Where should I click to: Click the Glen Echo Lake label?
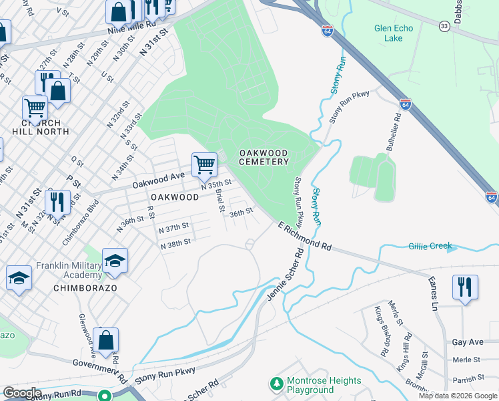click(x=394, y=33)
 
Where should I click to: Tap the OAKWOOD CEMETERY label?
click(x=264, y=157)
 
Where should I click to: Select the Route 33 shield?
click(x=444, y=26)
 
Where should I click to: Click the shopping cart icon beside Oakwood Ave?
click(x=203, y=164)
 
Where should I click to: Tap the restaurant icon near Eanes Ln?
click(x=465, y=287)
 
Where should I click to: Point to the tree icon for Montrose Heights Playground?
click(x=276, y=385)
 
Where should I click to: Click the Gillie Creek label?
click(x=430, y=246)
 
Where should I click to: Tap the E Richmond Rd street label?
click(x=305, y=237)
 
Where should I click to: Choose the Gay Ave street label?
click(x=467, y=342)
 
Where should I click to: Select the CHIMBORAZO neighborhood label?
click(x=85, y=287)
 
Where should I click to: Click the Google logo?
click(x=22, y=393)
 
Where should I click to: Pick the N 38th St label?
click(x=176, y=244)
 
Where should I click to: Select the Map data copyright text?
click(x=457, y=396)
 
